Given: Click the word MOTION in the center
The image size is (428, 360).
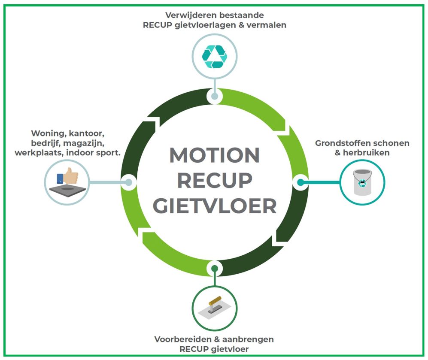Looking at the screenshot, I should [x=214, y=155].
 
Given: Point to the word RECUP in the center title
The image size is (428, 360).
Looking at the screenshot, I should [x=214, y=180].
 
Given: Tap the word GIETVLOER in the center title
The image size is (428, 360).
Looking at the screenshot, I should [x=214, y=206].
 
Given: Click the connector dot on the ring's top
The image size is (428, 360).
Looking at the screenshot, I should [x=214, y=96].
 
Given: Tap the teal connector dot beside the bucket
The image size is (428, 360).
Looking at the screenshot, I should [x=301, y=182].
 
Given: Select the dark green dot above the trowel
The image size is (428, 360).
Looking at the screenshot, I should [x=214, y=269].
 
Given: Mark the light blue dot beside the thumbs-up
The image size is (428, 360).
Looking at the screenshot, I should [x=128, y=182].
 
